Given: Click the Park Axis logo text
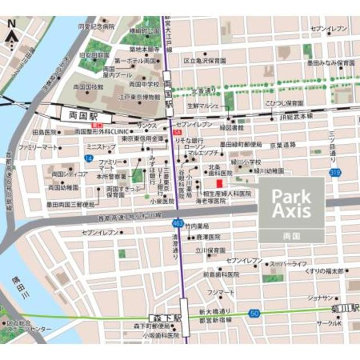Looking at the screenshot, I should pos(291,203).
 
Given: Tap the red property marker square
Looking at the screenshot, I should pos(219,183).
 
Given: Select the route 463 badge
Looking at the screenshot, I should pos(177,223).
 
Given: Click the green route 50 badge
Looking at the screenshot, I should pos(254,313).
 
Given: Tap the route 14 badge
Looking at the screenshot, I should pos(89,159).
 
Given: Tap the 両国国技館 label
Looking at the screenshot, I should pos(89,87).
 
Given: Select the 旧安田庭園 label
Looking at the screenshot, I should pos(94,55).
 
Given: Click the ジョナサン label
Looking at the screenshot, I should pos(322,299).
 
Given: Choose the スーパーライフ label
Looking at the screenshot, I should pos(289,264).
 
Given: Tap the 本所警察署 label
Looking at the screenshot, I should pos(111,176).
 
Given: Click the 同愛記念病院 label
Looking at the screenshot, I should pos(96,26).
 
